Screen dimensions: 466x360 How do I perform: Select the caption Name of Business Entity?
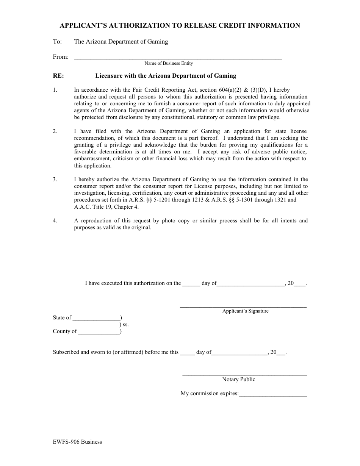coord(169,64)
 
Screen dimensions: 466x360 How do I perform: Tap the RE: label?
coord(58,76)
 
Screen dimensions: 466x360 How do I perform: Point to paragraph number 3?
coord(55,180)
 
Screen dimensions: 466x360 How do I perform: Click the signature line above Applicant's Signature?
coord(243,306)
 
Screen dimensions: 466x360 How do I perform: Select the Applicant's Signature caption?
coord(245,311)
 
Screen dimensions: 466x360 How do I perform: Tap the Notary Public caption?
coord(239,380)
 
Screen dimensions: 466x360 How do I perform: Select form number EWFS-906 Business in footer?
coord(77,442)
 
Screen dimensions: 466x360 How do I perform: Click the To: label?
coord(57,42)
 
